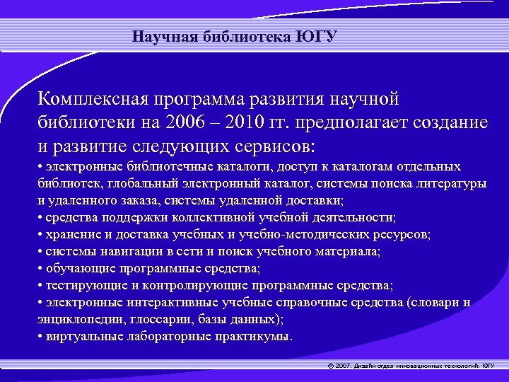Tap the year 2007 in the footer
[344, 366]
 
